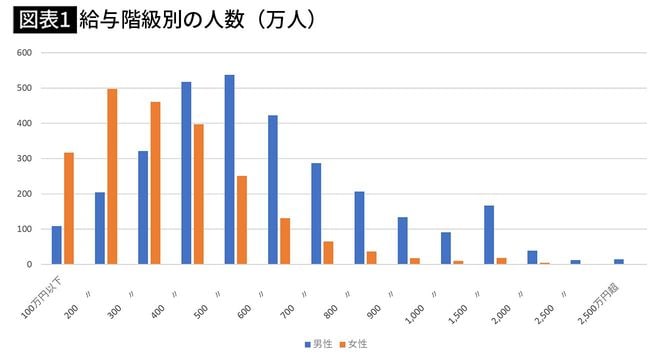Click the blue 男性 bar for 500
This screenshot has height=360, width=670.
[x=230, y=170]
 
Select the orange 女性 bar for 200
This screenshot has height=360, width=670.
[x=112, y=177]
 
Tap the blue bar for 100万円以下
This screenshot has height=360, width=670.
[x=57, y=245]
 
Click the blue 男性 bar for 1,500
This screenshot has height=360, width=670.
[x=489, y=235]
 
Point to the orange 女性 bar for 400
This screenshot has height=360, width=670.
[x=199, y=194]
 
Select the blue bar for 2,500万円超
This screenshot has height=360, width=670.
[x=619, y=261]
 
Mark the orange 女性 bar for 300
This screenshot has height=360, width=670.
[x=155, y=183]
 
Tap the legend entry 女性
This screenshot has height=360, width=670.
[x=355, y=343]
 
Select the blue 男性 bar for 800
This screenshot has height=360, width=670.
[x=359, y=228]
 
